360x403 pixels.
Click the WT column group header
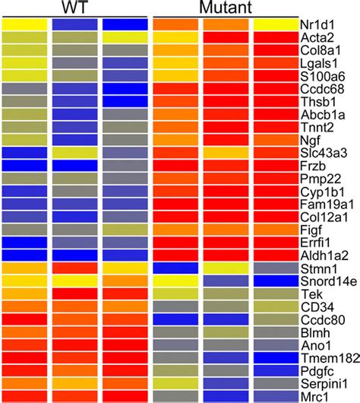[x=74, y=8]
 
